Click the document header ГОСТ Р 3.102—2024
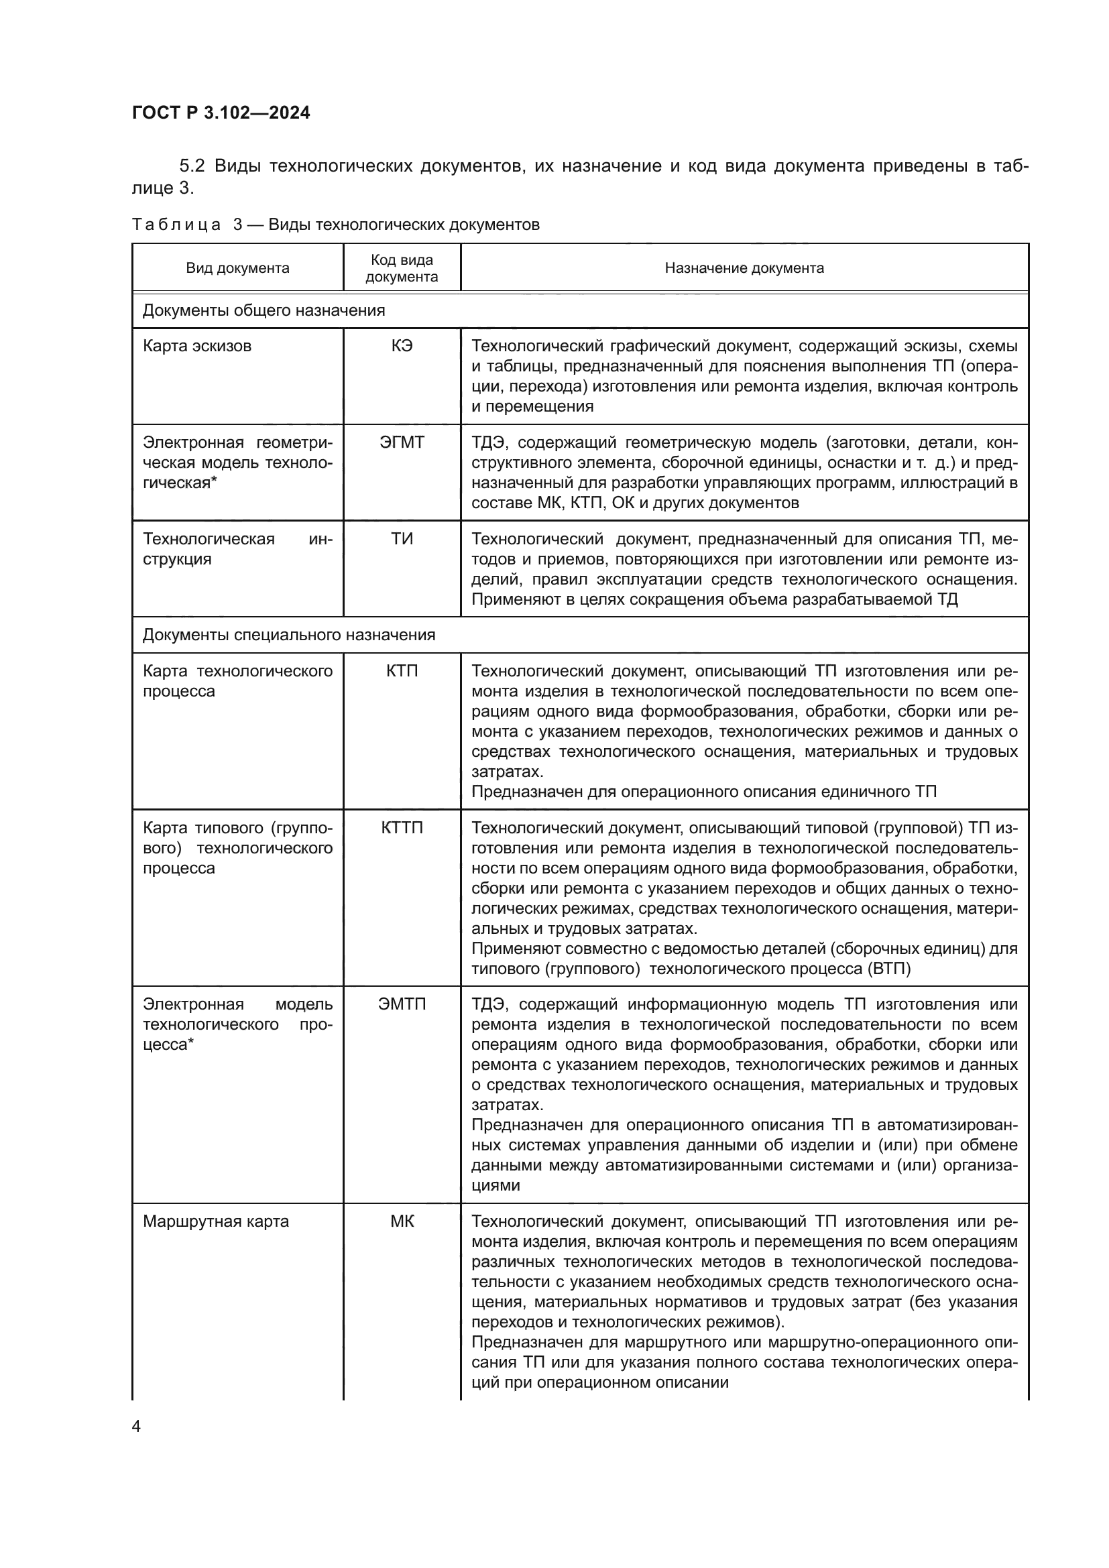[221, 113]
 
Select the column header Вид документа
[237, 267]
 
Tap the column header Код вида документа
[402, 267]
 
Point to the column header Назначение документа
[744, 267]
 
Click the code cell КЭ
[402, 345]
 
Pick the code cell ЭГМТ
[402, 442]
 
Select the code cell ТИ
[402, 539]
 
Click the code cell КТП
[402, 670]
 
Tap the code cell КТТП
[402, 828]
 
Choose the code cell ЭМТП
[402, 1004]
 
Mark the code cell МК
[402, 1221]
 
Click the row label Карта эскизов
[196, 345]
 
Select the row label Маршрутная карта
[216, 1221]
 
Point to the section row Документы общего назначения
[264, 311]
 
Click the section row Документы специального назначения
[288, 635]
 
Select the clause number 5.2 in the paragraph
[192, 166]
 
